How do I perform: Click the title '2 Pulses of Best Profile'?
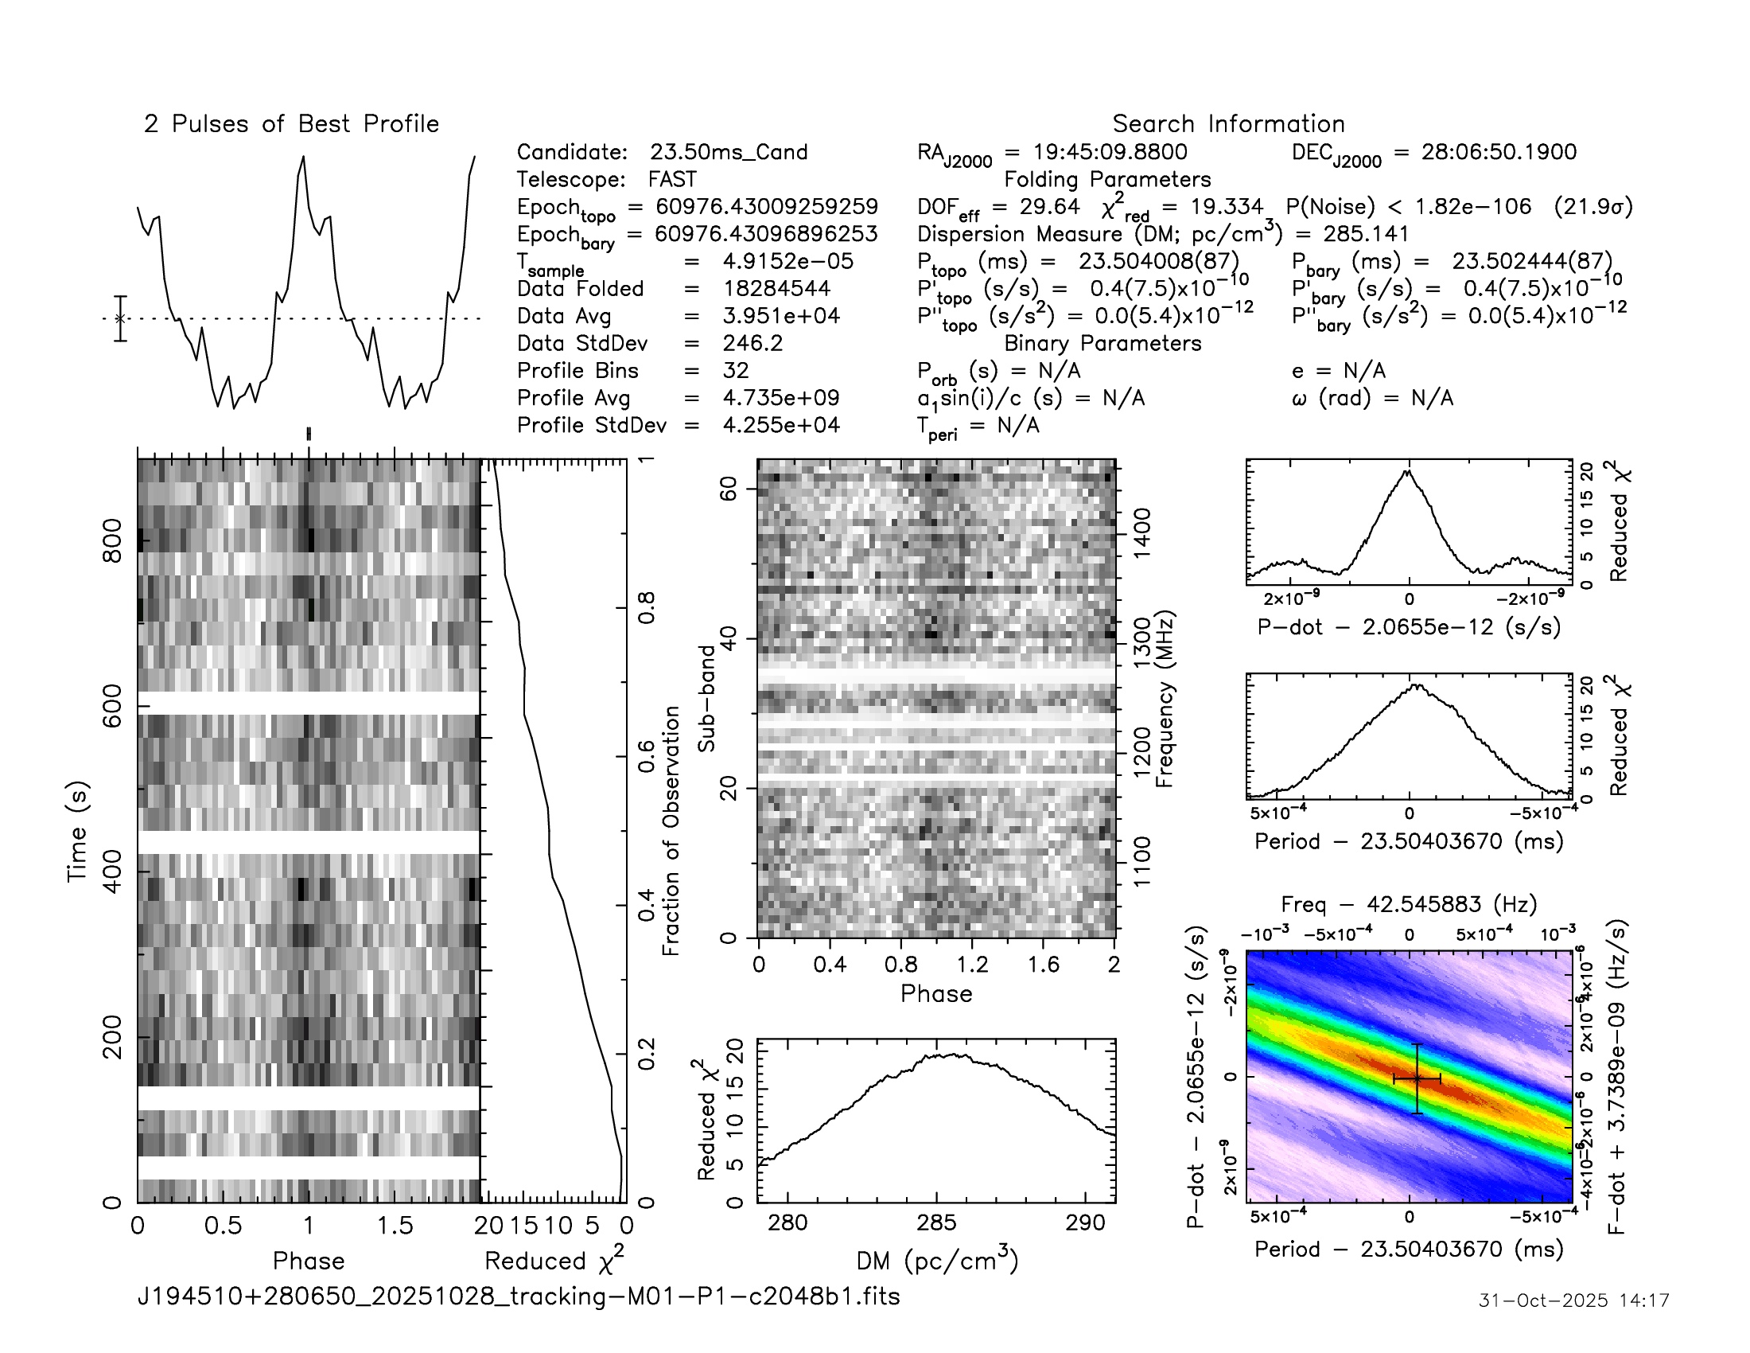[291, 124]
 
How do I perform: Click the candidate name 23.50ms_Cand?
[728, 152]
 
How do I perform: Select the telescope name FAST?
[672, 180]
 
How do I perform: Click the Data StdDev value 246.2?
[752, 343]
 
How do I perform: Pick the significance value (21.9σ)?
[1592, 207]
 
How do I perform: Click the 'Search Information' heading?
[1227, 124]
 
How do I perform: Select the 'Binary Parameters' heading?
[1102, 343]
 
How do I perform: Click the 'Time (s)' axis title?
[77, 831]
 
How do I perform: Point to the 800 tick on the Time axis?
[113, 541]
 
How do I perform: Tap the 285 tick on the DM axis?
[936, 1223]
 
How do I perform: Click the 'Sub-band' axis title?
[706, 698]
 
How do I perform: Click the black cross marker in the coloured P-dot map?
[1417, 1079]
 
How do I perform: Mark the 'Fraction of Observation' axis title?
[671, 830]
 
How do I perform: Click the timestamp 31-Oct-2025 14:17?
[1573, 1300]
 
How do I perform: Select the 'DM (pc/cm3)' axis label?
[936, 1261]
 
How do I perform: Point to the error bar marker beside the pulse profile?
[120, 318]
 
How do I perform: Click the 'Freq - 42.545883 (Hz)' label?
[1408, 904]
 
